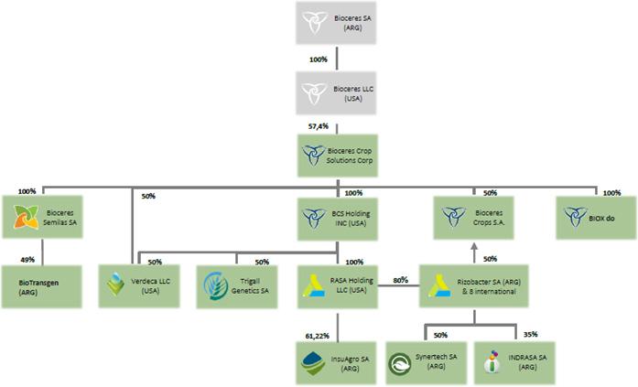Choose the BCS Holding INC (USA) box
(x=338, y=219)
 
